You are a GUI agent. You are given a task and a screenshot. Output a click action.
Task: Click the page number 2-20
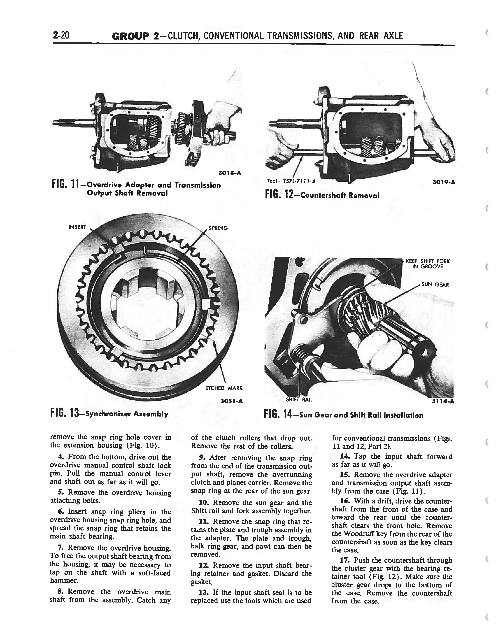click(61, 36)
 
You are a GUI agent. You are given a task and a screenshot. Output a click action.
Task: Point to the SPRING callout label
click(218, 228)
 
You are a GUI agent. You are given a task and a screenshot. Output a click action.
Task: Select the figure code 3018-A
click(230, 173)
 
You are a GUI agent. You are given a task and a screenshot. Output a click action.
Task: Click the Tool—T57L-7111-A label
click(291, 181)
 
